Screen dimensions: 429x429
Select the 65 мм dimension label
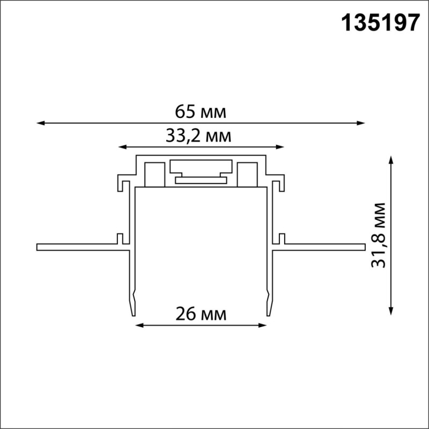point(201,112)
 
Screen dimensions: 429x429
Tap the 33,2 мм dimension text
point(198,136)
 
